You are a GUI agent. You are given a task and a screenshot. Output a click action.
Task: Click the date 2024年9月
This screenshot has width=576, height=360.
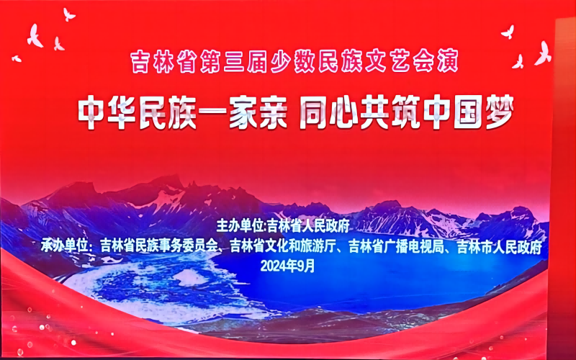coord(287,266)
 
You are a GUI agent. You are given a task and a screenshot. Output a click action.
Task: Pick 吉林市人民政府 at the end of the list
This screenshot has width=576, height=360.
coord(500,247)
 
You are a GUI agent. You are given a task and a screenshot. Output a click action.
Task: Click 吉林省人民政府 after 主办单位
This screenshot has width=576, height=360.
coord(308,226)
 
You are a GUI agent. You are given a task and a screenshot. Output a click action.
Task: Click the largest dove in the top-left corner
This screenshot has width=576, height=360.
coord(35,36)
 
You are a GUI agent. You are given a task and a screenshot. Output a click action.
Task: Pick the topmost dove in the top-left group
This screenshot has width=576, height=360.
coord(68,14)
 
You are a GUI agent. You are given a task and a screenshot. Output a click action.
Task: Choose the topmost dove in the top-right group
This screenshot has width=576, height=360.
coord(508,32)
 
